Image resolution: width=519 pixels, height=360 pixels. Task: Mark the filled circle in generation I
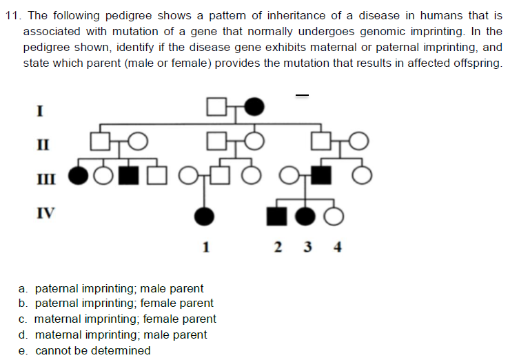pos(254,106)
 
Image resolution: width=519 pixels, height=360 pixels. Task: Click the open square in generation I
pos(216,106)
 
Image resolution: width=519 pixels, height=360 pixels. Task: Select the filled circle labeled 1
pos(204,217)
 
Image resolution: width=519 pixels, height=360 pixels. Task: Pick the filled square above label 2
pos(278,217)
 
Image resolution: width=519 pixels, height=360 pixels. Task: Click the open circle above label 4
pos(334,217)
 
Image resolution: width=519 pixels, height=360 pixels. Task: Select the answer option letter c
pos(23,319)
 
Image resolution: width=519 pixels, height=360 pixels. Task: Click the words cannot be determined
pos(93,350)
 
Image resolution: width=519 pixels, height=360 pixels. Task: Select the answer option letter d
pos(23,335)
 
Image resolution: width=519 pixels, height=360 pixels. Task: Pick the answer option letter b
pos(23,303)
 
